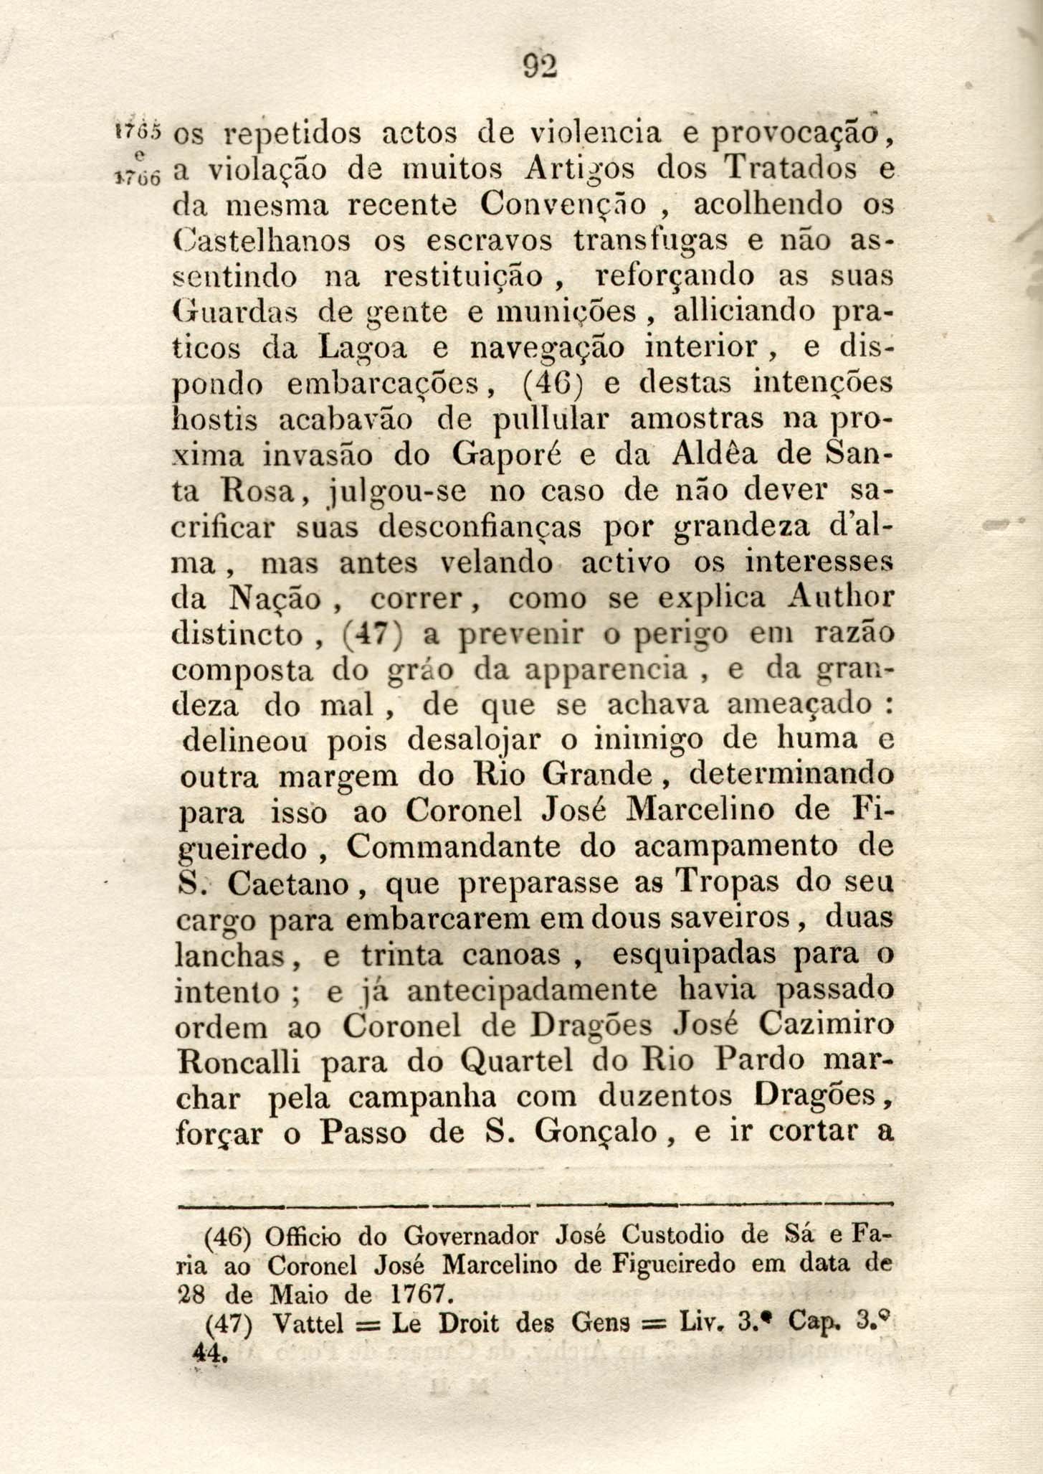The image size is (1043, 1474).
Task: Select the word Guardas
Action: [236, 311]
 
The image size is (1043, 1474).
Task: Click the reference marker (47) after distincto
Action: [375, 635]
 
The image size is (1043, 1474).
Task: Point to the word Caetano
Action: [288, 884]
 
